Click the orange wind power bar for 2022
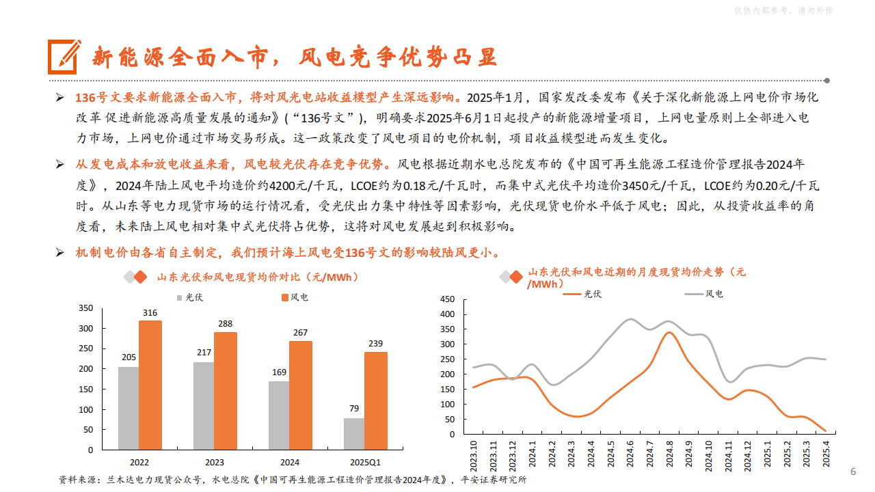pos(150,385)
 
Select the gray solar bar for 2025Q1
pos(353,434)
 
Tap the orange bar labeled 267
pos(301,395)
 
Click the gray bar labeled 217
pos(203,406)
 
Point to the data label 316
pos(150,313)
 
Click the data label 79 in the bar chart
pos(354,409)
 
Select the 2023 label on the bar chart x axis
pos(214,462)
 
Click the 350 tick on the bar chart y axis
pos(85,308)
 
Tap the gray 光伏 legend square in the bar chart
pos(180,297)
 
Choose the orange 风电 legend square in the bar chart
pos(285,297)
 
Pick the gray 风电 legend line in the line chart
pos(693,294)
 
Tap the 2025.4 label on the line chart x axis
pos(826,452)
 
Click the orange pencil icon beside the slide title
pos(64,57)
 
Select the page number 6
pos(852,472)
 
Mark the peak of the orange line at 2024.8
pos(669,333)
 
